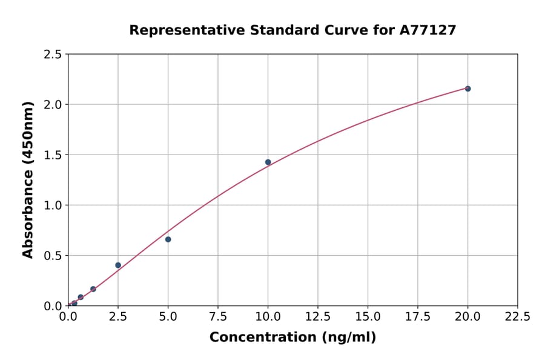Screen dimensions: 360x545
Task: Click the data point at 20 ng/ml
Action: pyautogui.click(x=467, y=88)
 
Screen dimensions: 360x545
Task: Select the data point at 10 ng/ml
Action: pyautogui.click(x=268, y=162)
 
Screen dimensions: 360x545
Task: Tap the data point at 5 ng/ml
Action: pyautogui.click(x=168, y=239)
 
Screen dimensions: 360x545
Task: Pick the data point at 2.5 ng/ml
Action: pyautogui.click(x=118, y=265)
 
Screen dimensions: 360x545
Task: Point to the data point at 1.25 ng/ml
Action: pyautogui.click(x=93, y=289)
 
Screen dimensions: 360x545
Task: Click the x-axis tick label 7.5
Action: pyautogui.click(x=218, y=316)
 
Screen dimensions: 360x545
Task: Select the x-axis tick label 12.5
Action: pyautogui.click(x=318, y=316)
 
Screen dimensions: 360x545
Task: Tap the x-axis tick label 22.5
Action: pyautogui.click(x=518, y=316)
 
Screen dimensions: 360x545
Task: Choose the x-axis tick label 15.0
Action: pyautogui.click(x=368, y=316)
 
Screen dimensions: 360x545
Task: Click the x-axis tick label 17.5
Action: pyautogui.click(x=418, y=316)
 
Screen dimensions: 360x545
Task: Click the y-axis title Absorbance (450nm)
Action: pyautogui.click(x=28, y=179)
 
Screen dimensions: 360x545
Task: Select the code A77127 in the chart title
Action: pyautogui.click(x=428, y=30)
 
